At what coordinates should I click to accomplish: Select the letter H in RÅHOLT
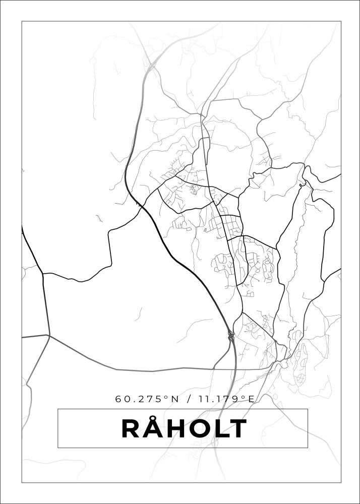180,429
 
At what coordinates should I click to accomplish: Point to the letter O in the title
204,429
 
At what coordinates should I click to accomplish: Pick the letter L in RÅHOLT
224,429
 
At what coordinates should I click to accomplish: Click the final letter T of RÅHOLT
239,429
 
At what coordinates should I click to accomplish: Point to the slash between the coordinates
189,399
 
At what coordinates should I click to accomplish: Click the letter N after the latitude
175,399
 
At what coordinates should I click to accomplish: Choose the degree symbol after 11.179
244,397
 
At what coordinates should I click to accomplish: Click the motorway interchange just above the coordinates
230,335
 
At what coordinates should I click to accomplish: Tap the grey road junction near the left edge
49,335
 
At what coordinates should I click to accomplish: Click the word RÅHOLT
184,429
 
